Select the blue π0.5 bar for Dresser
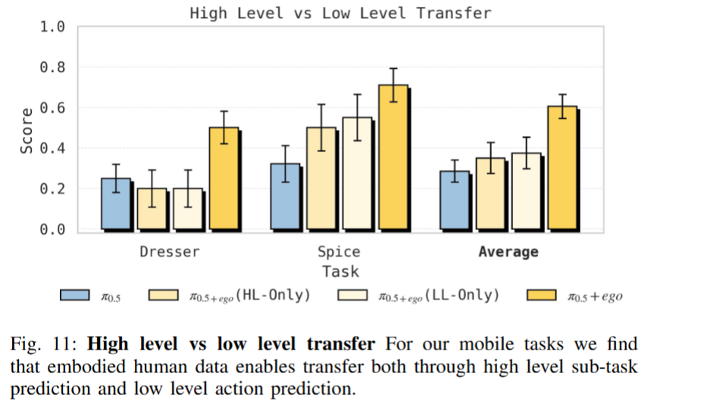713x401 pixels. pos(115,204)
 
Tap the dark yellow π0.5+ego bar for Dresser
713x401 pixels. pos(224,179)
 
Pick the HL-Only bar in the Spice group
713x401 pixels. pos(321,179)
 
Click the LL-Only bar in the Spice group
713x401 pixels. pos(357,173)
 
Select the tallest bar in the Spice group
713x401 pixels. pos(392,157)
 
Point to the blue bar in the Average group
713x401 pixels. pos(455,200)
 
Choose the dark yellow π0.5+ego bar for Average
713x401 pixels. pos(562,168)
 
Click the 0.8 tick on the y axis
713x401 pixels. pos(52,67)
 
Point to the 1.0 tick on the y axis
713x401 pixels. pos(52,27)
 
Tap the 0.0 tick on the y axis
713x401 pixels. pos(52,229)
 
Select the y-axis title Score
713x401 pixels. pos(27,130)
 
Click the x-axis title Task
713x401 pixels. pos(340,271)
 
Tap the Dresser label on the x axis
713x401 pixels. pos(170,252)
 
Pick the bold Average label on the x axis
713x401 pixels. pos(508,252)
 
